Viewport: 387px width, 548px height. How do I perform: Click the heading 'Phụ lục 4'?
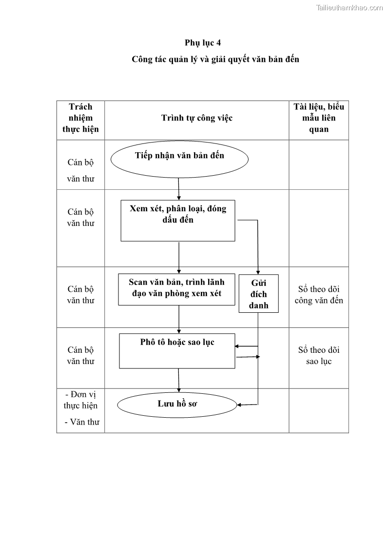coord(202,42)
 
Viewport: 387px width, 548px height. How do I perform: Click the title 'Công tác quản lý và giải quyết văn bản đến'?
coord(215,60)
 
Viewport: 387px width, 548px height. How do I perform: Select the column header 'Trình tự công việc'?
coord(197,118)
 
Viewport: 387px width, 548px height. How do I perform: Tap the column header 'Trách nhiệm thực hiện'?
coord(80,118)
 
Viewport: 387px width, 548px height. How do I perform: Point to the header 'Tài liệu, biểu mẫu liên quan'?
coord(319,118)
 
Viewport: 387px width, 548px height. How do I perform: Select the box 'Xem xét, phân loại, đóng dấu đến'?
coord(177,221)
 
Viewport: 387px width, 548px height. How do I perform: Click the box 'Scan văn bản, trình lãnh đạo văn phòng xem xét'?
coord(176,289)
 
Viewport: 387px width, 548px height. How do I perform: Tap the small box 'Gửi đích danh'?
coord(258,294)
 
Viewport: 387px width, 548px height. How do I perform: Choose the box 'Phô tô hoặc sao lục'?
coord(177,350)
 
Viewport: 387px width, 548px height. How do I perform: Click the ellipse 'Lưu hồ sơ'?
coord(177,404)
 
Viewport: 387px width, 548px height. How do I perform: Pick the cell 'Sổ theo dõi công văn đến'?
coord(319,295)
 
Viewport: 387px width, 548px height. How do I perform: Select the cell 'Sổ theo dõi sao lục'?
coord(319,356)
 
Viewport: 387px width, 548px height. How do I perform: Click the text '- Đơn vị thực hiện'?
coord(80,400)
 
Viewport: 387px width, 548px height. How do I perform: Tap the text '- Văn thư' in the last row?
coord(81,422)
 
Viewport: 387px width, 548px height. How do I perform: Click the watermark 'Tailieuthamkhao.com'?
coord(349,7)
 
